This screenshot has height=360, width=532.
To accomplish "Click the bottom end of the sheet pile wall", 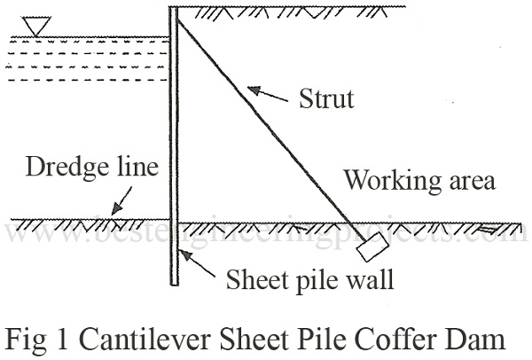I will [x=174, y=286].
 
